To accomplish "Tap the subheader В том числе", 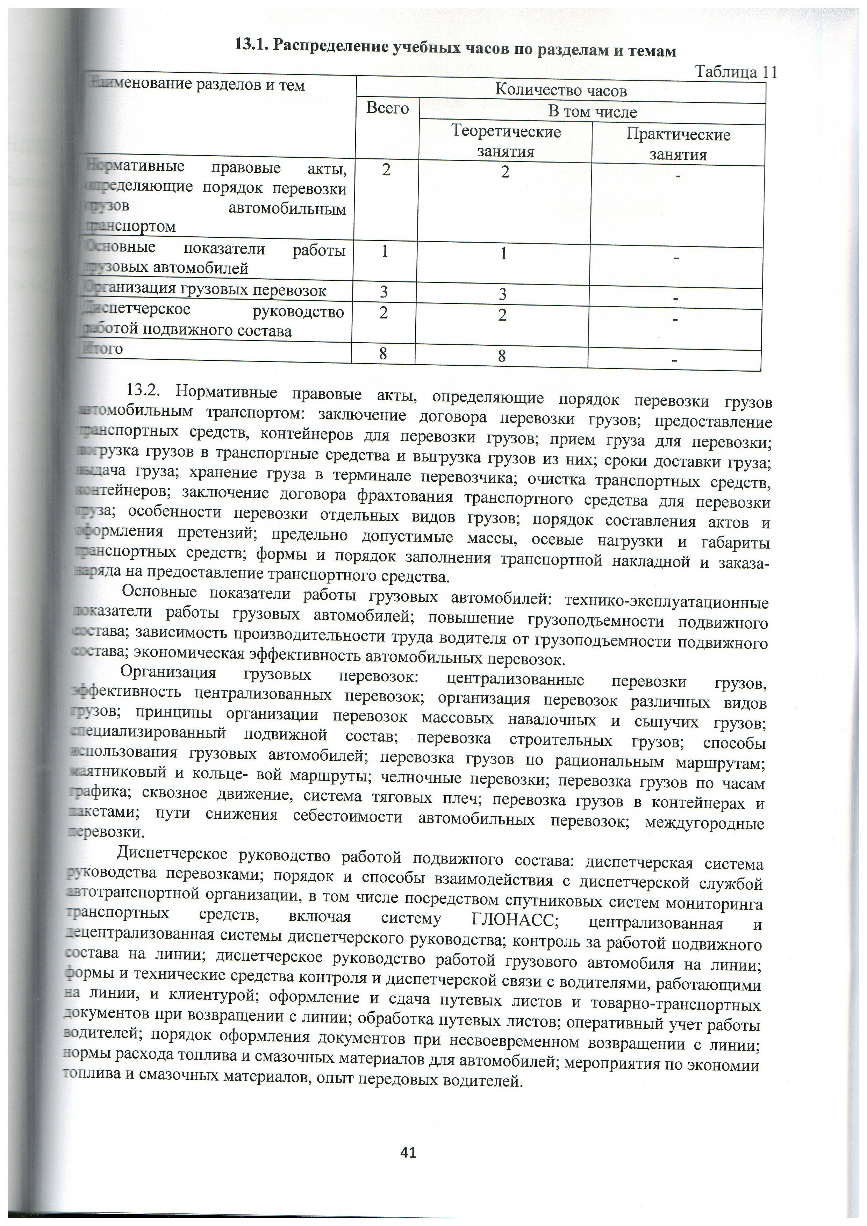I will [x=593, y=112].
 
